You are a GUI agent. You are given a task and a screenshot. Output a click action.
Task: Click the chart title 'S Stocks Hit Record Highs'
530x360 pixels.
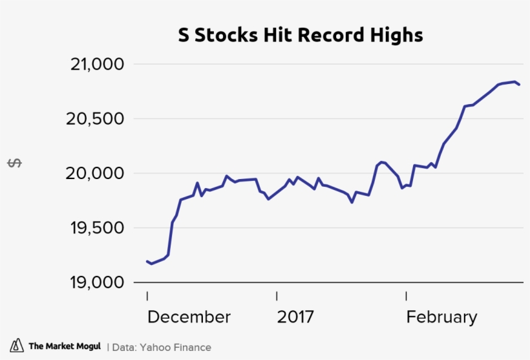pyautogui.click(x=301, y=35)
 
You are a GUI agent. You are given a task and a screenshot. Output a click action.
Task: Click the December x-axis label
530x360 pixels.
pyautogui.click(x=189, y=317)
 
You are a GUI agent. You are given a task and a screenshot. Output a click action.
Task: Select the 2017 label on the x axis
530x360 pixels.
pyautogui.click(x=295, y=317)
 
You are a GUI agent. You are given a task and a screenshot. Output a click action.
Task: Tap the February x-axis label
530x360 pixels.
pyautogui.click(x=441, y=317)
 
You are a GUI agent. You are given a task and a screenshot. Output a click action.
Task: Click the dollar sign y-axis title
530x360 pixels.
pyautogui.click(x=14, y=163)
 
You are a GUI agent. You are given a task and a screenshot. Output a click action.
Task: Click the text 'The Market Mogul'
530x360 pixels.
pyautogui.click(x=65, y=346)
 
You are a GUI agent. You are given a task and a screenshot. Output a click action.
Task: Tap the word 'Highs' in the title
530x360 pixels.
pyautogui.click(x=399, y=35)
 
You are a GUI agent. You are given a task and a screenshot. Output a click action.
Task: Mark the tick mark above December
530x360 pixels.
pyautogui.click(x=147, y=296)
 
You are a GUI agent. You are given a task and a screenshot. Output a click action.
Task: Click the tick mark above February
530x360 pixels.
pyautogui.click(x=406, y=296)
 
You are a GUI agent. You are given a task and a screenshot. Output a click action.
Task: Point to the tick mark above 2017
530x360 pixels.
pyautogui.click(x=277, y=296)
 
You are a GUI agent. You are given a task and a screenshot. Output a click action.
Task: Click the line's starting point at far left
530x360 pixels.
pyautogui.click(x=147, y=261)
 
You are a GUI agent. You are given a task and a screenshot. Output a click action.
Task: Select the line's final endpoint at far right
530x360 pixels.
pyautogui.click(x=520, y=85)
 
